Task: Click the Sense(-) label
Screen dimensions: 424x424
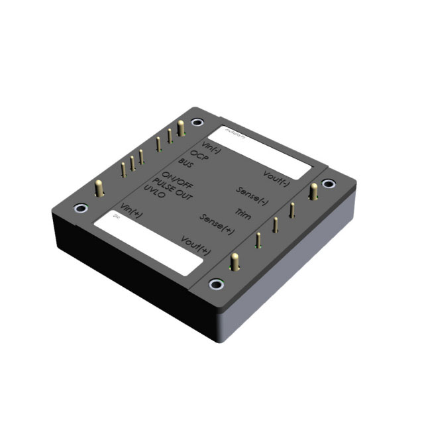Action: click(x=252, y=193)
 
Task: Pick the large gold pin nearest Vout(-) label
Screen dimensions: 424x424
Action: click(x=313, y=193)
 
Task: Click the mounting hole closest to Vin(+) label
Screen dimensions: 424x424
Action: click(x=80, y=209)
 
